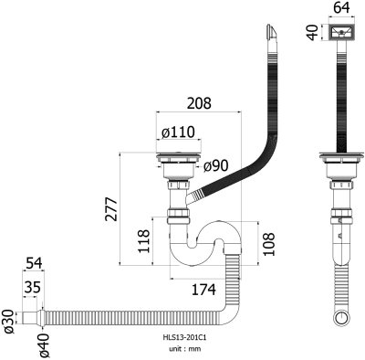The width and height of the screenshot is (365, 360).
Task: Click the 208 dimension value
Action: pos(199,103)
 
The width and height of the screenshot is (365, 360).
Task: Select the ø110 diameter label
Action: pos(178,132)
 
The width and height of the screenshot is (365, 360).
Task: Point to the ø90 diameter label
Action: pos(215,165)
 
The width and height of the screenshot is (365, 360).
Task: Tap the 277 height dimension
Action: pos(110,209)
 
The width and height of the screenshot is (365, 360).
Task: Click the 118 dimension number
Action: pos(144,241)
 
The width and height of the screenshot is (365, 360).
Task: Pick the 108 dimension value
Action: pos(268,244)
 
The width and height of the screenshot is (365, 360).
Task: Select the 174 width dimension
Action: pos(203,289)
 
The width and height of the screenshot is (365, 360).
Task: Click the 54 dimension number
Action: pos(34,263)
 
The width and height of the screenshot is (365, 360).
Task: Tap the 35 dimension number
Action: pos(32,287)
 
